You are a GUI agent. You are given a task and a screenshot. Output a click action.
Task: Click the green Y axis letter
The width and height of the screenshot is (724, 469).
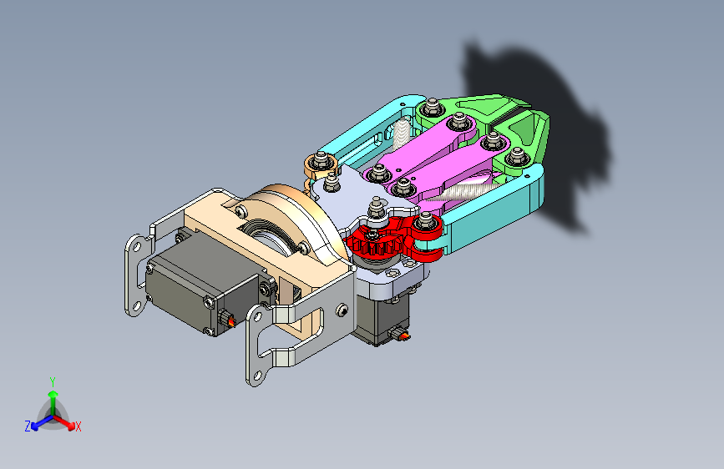click(x=53, y=382)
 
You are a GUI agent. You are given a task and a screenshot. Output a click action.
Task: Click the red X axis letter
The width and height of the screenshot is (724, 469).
click(x=78, y=426)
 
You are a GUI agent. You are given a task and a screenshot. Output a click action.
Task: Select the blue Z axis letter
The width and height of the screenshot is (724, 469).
click(x=28, y=426)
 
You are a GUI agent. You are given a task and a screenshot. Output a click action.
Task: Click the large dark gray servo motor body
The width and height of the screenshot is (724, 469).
click(x=202, y=290)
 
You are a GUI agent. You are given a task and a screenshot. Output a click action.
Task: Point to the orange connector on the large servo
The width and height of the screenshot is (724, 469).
click(x=230, y=320)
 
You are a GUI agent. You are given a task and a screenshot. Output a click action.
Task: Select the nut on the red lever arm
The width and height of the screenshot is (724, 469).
click(x=426, y=222)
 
